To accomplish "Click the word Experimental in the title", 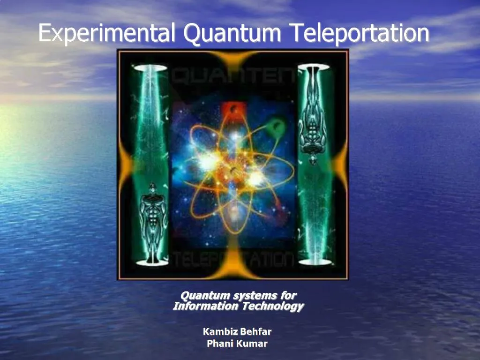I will tap(107, 34).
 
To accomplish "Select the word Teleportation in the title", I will tap(359, 34).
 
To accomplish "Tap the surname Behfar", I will tap(255, 332).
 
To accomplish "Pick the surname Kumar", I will tap(252, 344).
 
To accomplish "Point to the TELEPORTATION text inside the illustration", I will tap(234, 258).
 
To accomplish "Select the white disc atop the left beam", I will tap(150, 68).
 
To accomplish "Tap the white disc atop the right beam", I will tap(314, 67).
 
